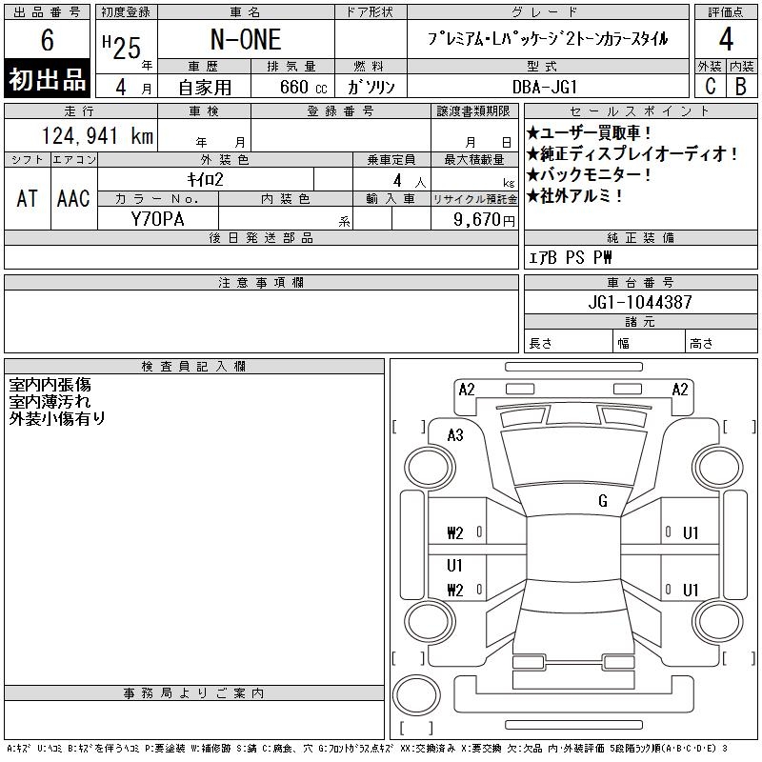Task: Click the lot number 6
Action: pyautogui.click(x=47, y=40)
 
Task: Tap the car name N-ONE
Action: pyautogui.click(x=246, y=40)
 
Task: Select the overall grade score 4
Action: pyautogui.click(x=726, y=39)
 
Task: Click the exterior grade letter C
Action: pyautogui.click(x=711, y=86)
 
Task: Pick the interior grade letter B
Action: pyautogui.click(x=741, y=86)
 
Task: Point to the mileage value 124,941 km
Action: pyautogui.click(x=98, y=135)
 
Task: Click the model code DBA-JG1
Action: pyautogui.click(x=544, y=87)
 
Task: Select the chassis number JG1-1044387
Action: pyautogui.click(x=640, y=302)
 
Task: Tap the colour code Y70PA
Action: pyautogui.click(x=158, y=219)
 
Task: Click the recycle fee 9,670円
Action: pyautogui.click(x=484, y=220)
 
